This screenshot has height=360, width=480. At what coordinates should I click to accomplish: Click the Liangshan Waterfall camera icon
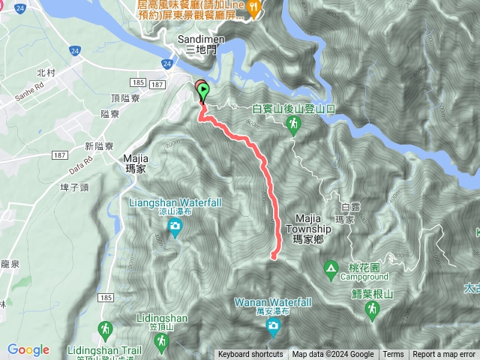175,226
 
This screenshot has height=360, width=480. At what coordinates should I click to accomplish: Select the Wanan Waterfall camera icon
274,325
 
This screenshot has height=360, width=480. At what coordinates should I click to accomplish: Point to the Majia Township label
308,229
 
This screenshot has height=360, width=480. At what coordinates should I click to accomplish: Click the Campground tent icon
331,267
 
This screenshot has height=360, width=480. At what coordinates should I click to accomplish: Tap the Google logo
28,349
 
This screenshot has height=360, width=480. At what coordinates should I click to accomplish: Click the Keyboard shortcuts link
250,355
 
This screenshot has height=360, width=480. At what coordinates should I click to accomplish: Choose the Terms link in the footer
393,355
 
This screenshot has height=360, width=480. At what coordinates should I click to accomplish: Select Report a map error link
445,355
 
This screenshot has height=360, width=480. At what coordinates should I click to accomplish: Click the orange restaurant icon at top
255,8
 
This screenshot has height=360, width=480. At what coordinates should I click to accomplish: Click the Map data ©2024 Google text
333,355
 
